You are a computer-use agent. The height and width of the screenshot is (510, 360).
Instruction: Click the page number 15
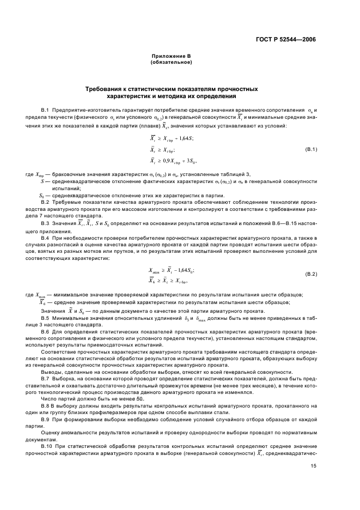point(313,466)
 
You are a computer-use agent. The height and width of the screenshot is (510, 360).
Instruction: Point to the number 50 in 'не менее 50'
point(139,399)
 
